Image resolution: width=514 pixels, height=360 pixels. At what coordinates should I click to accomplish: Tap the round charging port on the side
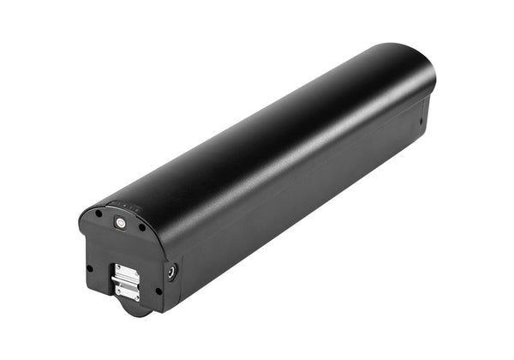(171, 272)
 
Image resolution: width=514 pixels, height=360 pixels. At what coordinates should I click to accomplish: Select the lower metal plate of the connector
(127, 291)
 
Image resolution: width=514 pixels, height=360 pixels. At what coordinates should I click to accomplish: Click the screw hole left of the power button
(99, 213)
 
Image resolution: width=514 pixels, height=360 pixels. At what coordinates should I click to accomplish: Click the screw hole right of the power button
(142, 227)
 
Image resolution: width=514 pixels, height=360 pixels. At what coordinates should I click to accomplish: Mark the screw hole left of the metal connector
(90, 268)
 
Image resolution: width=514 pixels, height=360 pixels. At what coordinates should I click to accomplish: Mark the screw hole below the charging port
(158, 291)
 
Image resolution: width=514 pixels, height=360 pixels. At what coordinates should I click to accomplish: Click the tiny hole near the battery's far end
(421, 121)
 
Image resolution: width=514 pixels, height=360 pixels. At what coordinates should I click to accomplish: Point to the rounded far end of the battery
(420, 69)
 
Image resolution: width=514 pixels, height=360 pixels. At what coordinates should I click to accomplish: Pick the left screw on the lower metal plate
(119, 288)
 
